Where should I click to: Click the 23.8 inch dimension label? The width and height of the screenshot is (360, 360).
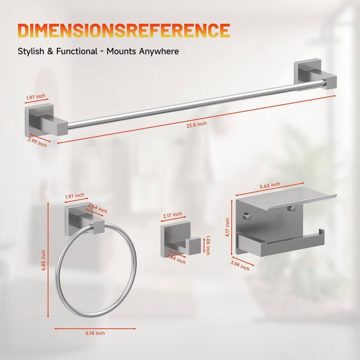[x=197, y=125]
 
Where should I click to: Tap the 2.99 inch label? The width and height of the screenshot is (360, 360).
[x=37, y=142]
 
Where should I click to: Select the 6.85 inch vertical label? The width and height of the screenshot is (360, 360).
[x=44, y=260]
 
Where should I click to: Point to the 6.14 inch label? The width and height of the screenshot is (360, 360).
[x=95, y=333]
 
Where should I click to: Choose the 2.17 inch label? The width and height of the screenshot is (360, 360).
[x=172, y=215]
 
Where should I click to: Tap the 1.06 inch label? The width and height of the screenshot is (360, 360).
[x=208, y=245]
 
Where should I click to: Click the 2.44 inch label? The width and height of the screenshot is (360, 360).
[x=176, y=260]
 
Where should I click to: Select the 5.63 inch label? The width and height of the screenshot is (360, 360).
[x=270, y=185]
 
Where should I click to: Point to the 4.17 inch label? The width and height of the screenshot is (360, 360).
[x=227, y=227]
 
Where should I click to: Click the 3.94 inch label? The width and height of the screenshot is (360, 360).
[x=240, y=266]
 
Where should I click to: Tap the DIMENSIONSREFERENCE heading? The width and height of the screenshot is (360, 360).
[x=124, y=30]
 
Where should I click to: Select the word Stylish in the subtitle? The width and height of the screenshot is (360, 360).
[x=31, y=51]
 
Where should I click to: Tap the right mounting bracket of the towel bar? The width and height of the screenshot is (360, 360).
[x=315, y=76]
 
